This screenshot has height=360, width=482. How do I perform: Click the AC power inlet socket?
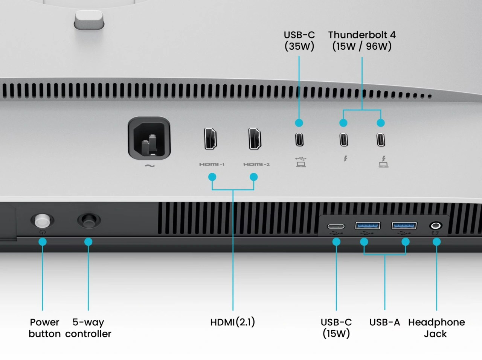149,139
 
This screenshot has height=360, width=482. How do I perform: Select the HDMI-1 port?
210,139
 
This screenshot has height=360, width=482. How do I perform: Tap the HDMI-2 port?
255,139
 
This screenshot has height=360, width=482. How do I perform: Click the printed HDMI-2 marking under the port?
256,164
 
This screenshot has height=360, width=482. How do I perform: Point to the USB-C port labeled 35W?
299,140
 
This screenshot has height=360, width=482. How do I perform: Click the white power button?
42,220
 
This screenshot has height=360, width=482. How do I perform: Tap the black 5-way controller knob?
89,220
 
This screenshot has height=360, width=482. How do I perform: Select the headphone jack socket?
436,226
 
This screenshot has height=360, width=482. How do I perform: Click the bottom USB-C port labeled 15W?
336,226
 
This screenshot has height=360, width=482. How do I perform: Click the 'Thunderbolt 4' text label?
362,35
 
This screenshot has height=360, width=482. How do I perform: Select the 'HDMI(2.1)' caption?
233,322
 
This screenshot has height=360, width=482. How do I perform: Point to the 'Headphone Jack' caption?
436,328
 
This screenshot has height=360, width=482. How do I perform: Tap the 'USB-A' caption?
384,322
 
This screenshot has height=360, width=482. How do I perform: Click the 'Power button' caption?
44,328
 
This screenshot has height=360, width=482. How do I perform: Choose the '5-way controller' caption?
88,328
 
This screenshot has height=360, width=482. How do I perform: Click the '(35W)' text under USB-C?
299,46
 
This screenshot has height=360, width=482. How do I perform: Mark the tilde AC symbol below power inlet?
149,166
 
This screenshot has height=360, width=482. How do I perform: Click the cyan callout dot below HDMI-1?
212,177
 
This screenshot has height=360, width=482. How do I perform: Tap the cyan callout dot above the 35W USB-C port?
299,123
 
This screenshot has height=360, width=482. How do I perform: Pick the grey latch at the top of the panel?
89,20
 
